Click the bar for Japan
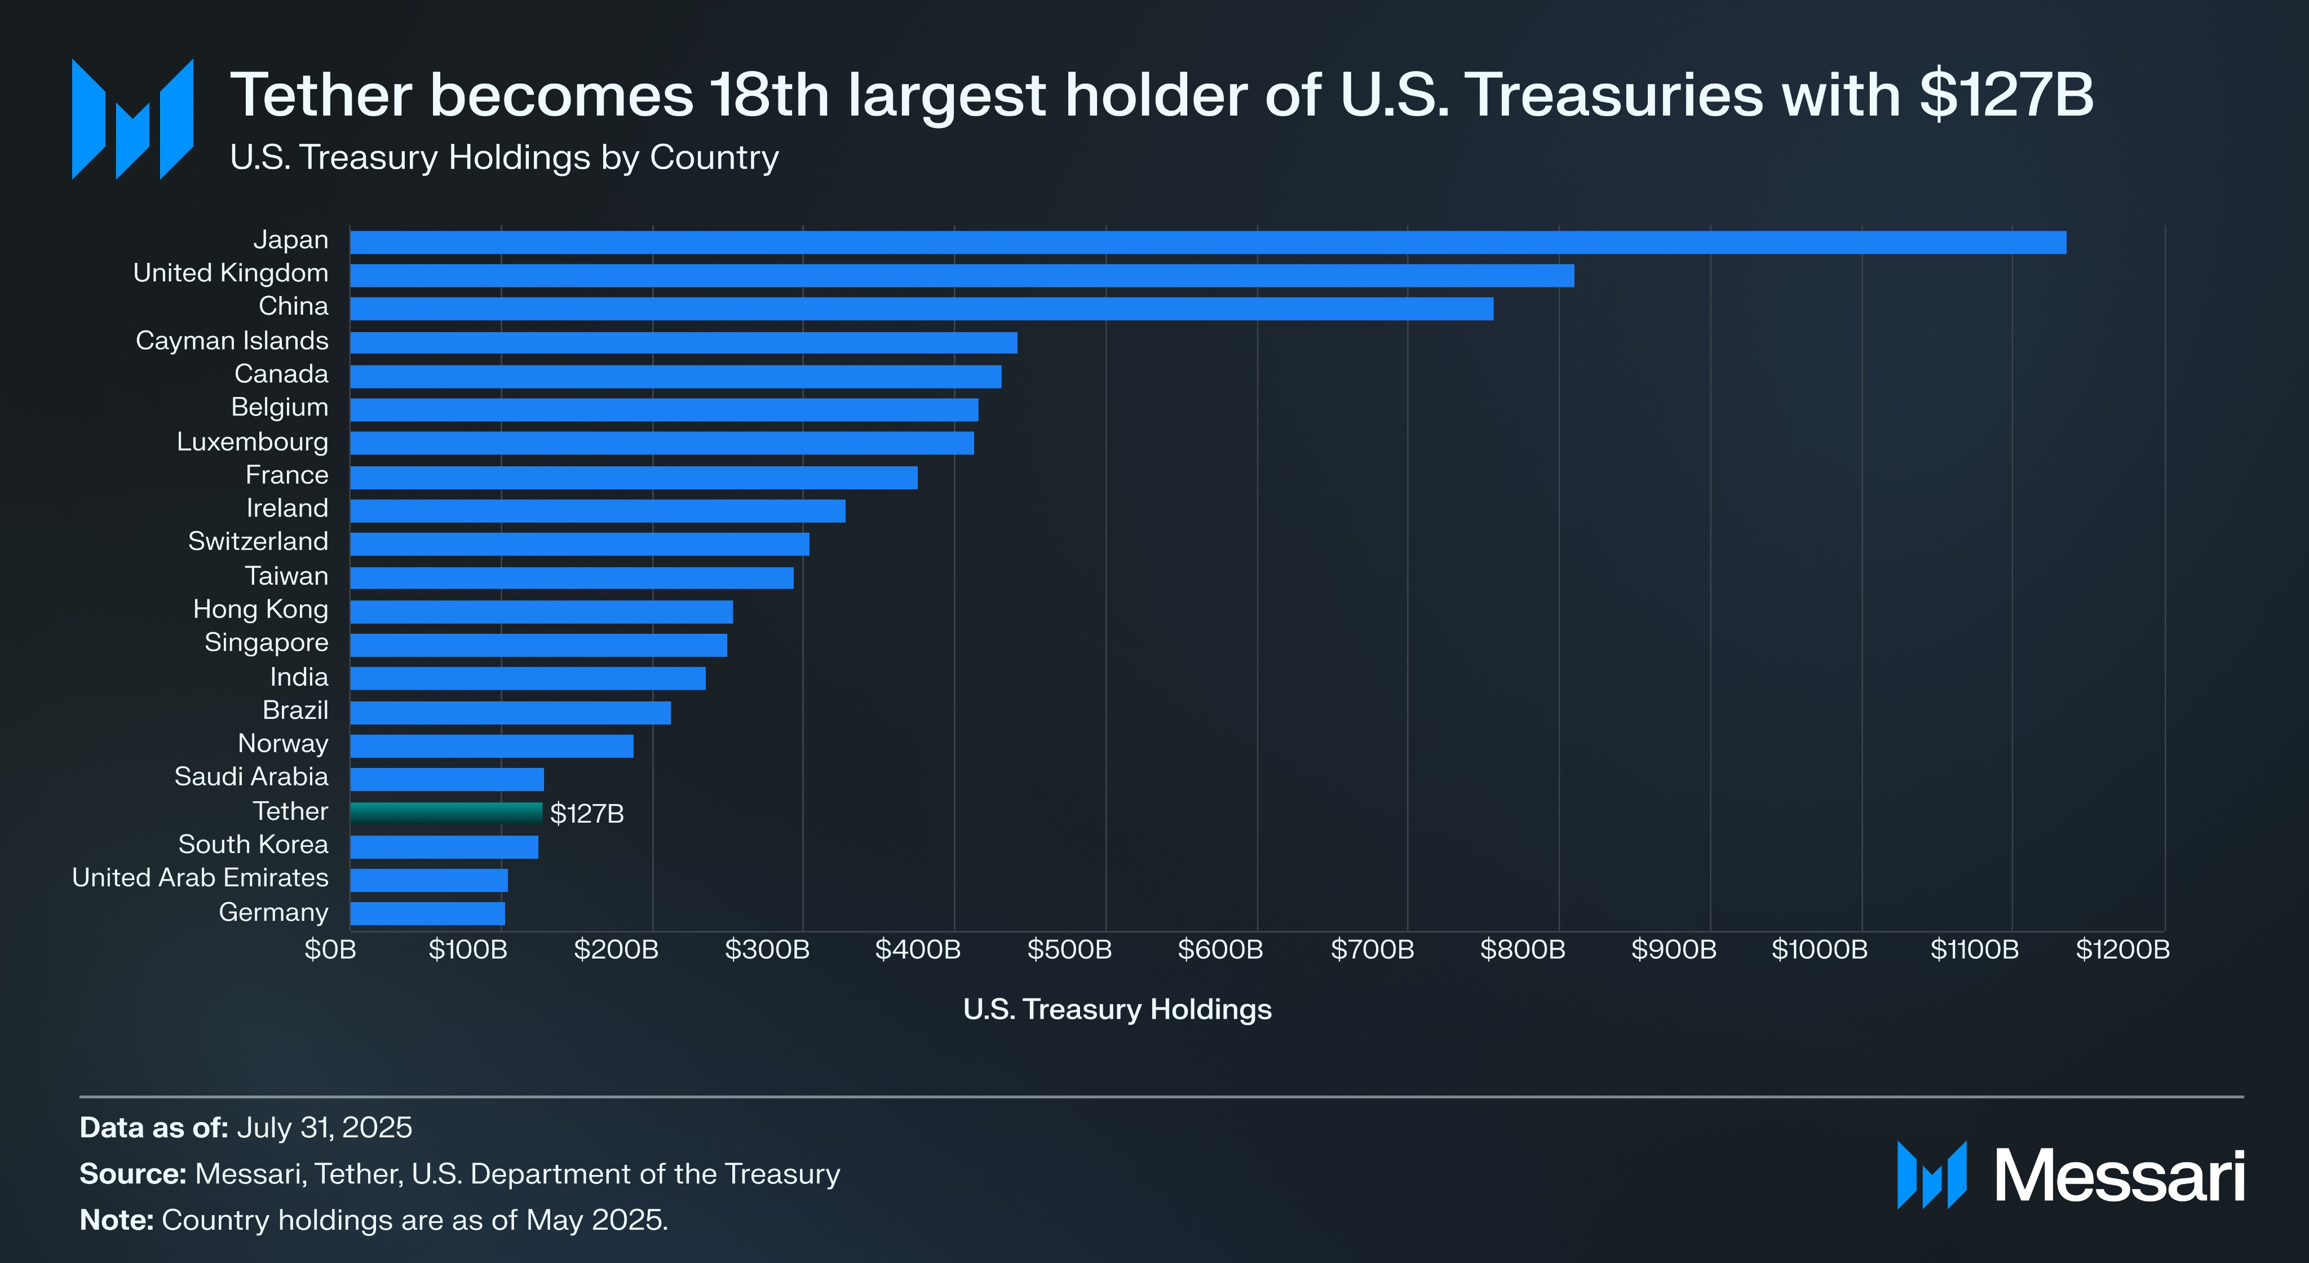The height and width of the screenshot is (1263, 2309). (x=1207, y=242)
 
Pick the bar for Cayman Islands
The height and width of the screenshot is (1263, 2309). (x=683, y=342)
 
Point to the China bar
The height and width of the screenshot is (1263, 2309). (x=922, y=308)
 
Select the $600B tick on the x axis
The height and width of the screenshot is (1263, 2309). (x=1220, y=950)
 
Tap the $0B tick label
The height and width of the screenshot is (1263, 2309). (x=330, y=950)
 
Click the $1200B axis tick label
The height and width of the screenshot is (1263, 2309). (x=2122, y=950)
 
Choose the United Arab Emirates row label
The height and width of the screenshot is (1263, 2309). (x=200, y=877)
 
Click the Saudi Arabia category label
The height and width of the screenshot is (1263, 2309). (x=251, y=776)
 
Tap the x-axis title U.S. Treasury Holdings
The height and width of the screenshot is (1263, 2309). (x=1117, y=1009)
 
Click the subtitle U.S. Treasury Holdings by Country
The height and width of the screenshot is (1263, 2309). (x=504, y=158)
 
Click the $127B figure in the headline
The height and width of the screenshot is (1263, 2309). (x=2006, y=95)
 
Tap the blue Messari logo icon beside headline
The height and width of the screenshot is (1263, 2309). (x=132, y=119)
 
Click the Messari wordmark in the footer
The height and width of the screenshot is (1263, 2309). (x=2119, y=1176)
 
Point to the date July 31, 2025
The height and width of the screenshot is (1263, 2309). (x=324, y=1128)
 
